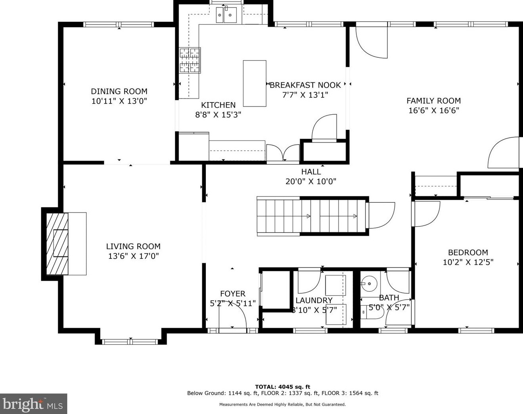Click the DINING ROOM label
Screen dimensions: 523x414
tap(119, 91)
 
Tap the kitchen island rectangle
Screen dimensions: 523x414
tap(255, 84)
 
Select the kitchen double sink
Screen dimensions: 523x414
tap(226, 15)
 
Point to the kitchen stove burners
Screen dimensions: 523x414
tap(190, 60)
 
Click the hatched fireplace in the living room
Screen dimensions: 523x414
tap(57, 244)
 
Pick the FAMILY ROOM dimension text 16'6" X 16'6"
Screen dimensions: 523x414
tap(434, 110)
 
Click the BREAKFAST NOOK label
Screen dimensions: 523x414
tap(305, 85)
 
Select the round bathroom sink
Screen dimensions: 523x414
tap(369, 283)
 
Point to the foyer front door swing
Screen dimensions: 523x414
tap(233, 314)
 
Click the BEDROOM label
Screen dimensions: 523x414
tap(468, 253)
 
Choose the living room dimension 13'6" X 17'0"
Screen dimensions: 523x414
tap(133, 256)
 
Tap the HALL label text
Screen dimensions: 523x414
tap(311, 172)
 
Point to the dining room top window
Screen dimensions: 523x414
tap(119, 24)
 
